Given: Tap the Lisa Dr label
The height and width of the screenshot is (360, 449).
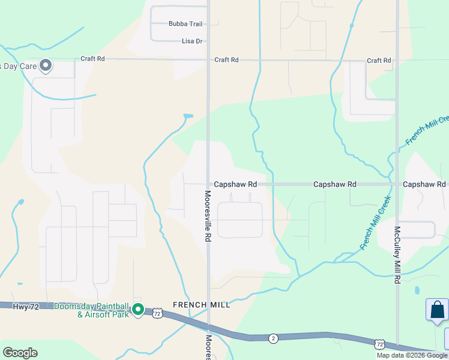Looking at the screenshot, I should [193, 41].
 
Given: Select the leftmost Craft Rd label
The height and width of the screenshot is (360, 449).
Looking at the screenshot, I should [93, 59].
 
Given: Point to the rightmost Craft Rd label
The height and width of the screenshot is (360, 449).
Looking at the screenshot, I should [379, 61].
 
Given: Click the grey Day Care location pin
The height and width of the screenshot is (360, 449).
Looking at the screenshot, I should [46, 65].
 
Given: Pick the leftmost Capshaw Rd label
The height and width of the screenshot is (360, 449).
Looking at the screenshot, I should [235, 185].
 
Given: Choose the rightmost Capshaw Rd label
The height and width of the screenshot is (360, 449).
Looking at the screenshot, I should [424, 184].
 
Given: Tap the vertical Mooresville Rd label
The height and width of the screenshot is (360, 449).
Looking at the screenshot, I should [208, 217].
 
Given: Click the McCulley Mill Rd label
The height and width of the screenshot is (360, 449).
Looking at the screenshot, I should [397, 254].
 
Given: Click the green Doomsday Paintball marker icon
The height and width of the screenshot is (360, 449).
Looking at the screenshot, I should [138, 310].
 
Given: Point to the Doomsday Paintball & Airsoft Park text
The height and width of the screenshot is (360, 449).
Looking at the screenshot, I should [91, 310].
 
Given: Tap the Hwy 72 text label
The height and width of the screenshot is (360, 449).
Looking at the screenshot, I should [25, 307].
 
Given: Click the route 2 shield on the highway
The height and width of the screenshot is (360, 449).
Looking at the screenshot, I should [273, 338].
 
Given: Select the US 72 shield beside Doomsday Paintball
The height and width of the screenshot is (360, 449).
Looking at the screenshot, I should [157, 313].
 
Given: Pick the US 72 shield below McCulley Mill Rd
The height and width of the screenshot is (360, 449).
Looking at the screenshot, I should [379, 344].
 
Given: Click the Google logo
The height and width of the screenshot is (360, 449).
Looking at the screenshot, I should [20, 353].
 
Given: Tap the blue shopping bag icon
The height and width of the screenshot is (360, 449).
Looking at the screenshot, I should [437, 310].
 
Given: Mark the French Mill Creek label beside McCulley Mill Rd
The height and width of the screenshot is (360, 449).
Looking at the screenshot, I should [375, 223].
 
